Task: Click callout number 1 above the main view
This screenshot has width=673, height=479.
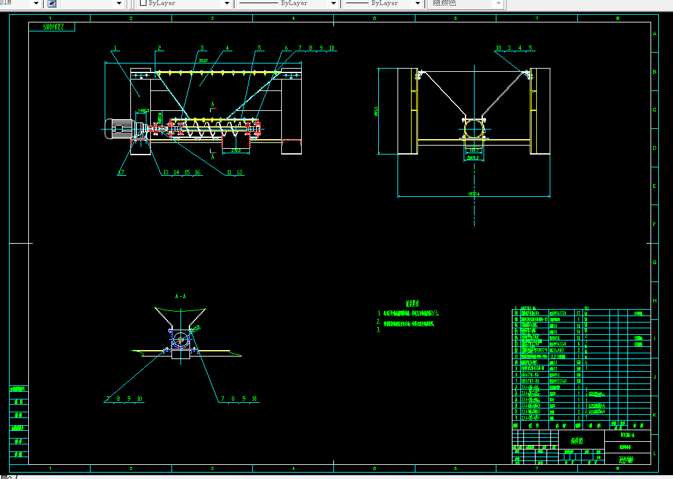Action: coord(115,48)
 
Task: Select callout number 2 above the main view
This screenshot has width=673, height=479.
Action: coord(159,48)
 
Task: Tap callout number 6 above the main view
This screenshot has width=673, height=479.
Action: coord(286,48)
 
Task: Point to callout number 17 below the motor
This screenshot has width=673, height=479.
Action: coord(121,172)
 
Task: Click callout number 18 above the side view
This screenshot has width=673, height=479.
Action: coord(498,48)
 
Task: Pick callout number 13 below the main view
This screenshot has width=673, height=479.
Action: coord(165,172)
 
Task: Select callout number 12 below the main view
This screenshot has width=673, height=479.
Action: coord(240,172)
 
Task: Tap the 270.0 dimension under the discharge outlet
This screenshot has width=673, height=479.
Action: coord(236,151)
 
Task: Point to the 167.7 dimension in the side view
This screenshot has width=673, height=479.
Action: coord(474,150)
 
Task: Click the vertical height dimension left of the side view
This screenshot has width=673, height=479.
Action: coord(377,112)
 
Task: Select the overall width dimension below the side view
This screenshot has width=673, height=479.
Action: coord(474,193)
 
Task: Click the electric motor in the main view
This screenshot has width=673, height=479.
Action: coord(119,129)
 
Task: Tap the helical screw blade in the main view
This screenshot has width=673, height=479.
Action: coord(212,130)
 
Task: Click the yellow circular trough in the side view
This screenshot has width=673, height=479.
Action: coord(474,130)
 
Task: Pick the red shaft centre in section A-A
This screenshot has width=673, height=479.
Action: coord(181,339)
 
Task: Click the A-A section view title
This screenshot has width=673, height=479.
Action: coord(180,296)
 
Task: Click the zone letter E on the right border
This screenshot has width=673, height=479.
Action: coord(654,186)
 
